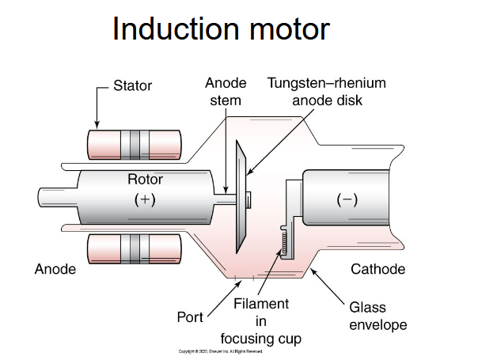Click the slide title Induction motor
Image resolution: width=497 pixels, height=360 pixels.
coord(221,29)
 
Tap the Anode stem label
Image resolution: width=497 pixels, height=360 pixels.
coord(226,92)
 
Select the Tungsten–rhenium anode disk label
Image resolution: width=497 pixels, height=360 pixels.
coord(326,92)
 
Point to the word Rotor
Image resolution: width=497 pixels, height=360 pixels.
coord(145,180)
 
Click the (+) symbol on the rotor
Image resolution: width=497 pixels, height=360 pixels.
coord(145,199)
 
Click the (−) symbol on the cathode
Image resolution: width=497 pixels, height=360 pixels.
coord(346,199)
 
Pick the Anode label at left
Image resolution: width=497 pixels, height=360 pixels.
coord(55,269)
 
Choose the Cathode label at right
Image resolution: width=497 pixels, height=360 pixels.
coord(377,269)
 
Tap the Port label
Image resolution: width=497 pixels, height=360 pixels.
coord(189,317)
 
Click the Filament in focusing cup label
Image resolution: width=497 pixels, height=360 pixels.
coord(261,321)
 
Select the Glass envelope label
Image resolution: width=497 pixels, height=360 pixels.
coord(377,316)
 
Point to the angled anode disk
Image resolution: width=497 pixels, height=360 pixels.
coord(241,198)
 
